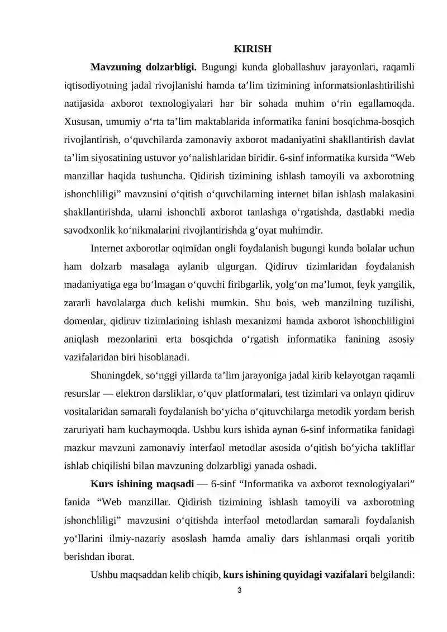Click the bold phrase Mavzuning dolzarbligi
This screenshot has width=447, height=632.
pyautogui.click(x=143, y=68)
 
